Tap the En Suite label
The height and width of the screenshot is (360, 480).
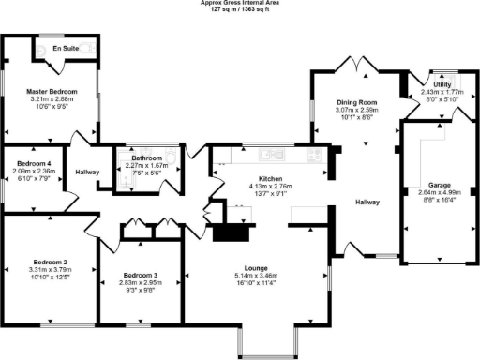pos(65,46)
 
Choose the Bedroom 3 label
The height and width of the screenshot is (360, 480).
pos(138,275)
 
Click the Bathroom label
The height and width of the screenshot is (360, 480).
pos(147,158)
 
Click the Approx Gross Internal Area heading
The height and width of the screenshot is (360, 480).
pos(239,3)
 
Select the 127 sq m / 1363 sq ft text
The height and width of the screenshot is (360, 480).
pos(239,10)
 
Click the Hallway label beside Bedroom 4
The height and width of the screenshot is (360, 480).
pos(87,172)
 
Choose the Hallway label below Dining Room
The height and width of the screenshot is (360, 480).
pos(366,202)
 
